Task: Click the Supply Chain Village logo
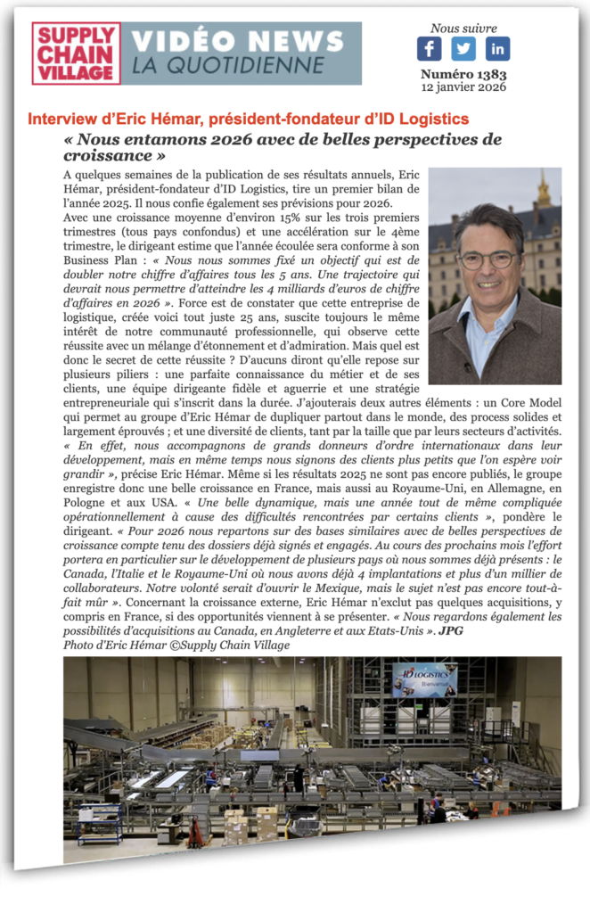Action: coord(76,53)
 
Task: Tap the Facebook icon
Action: coord(429,48)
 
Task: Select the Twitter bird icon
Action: coord(463,48)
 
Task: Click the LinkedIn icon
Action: coord(497,48)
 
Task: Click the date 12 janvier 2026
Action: coord(463,87)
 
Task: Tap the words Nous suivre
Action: coord(463,29)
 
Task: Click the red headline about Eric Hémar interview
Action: coord(249,119)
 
